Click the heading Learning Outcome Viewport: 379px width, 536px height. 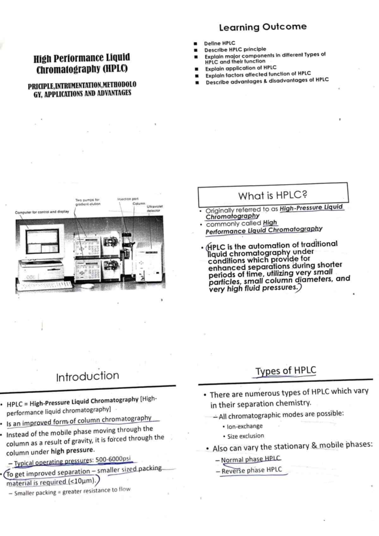(262, 27)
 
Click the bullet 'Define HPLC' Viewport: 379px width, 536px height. (220, 43)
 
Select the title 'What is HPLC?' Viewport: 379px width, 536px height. (273, 195)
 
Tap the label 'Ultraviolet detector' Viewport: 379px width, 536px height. (154, 208)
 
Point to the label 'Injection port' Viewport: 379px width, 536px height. (128, 199)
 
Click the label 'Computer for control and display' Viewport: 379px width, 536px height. (42, 212)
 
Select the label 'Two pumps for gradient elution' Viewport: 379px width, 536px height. (87, 202)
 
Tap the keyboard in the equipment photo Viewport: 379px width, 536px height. (44, 286)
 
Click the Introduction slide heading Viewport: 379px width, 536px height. (87, 376)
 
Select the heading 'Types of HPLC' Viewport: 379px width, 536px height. (286, 371)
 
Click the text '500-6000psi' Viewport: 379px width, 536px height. (113, 459)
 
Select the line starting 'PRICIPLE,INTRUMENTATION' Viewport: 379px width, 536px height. (82, 85)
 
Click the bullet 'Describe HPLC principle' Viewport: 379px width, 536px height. (235, 50)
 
